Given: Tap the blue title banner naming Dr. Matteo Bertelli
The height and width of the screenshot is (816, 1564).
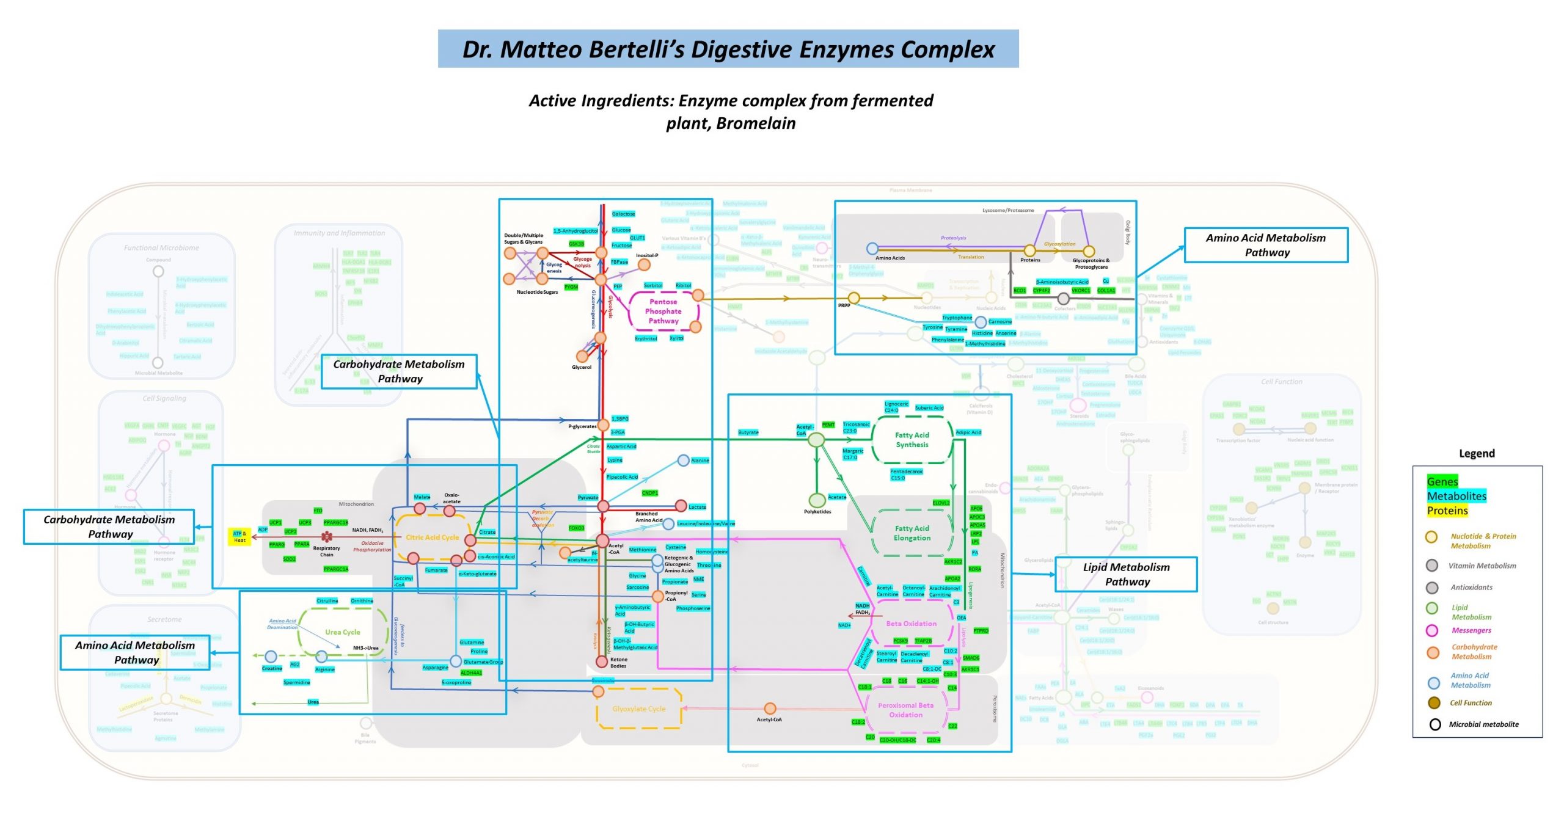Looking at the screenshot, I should click(728, 49).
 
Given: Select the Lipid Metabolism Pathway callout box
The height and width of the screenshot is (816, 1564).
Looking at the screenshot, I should click(1126, 574).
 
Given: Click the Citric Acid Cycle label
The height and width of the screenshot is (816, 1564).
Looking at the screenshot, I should click(432, 537).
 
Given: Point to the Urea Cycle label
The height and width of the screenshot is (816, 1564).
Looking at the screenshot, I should click(342, 632).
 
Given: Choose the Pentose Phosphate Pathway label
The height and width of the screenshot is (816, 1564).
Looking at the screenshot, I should click(663, 311).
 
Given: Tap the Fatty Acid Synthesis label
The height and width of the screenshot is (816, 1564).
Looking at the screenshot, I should click(912, 440).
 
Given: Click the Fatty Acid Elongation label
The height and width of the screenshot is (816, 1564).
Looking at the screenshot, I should click(912, 533).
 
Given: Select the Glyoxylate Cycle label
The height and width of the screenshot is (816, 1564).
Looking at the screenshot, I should click(638, 709).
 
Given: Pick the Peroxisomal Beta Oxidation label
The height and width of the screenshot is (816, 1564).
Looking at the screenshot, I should click(905, 710).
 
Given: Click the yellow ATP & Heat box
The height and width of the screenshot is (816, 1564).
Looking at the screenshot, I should click(239, 537).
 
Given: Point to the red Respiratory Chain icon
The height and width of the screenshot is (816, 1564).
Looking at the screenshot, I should click(327, 537).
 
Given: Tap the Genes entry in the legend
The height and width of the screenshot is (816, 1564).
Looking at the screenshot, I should click(1442, 481).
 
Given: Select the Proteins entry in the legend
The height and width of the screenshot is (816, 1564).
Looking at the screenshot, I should click(1447, 511).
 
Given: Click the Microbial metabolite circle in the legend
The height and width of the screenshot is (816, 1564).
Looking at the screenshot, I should click(1435, 724).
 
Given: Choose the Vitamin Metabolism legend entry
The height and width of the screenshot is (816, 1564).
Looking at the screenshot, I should click(1482, 566).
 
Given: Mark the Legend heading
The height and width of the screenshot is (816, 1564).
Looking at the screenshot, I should click(1477, 453).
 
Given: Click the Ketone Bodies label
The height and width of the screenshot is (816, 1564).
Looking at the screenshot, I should click(618, 663).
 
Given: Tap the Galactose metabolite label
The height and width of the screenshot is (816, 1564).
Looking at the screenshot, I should click(623, 214).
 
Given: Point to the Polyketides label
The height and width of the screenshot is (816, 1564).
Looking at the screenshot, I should click(817, 512).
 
